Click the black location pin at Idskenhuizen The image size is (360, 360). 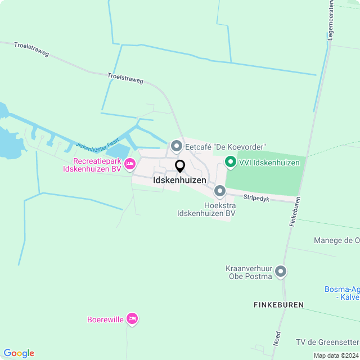pos(180,166)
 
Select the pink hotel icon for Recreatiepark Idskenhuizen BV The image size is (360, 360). pos(130,164)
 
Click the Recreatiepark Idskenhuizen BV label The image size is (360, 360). pos(92,164)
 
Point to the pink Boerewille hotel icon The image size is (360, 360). pos(132,319)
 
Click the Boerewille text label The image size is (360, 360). pos(105,320)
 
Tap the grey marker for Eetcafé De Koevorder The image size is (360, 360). pos(176,147)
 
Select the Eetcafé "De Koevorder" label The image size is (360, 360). pos(226,147)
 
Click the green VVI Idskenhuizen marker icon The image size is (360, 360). pos(230,163)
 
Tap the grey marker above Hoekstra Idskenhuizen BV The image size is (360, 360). pos(220,191)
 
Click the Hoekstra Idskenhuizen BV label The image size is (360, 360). pos(206,209)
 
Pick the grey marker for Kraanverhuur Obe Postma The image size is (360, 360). pos(281,272)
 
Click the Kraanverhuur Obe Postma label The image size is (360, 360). pos(249,272)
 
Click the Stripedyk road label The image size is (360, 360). pos(257,197)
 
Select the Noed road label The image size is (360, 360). pos(277,338)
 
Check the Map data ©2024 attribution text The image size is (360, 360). pos(336,355)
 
